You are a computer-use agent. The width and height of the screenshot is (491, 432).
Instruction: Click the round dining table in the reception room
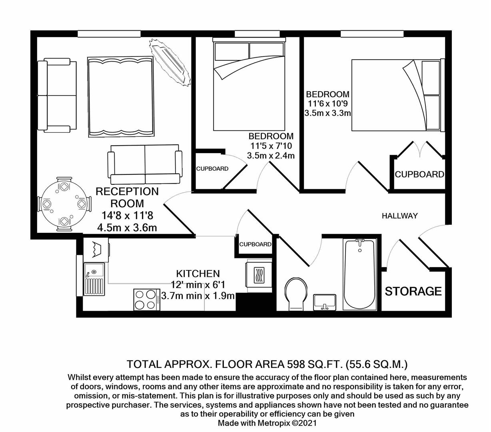64,204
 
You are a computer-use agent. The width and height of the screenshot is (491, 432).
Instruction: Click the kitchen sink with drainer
94,279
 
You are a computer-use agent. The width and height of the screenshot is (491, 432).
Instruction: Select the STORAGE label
413,291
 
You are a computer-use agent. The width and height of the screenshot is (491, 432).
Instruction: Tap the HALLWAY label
399,216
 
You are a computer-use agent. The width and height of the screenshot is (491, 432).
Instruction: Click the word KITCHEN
198,274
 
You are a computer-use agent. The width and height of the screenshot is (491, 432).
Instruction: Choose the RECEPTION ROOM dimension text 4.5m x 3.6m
127,228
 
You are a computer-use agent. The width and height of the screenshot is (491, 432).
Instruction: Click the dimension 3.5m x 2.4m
271,156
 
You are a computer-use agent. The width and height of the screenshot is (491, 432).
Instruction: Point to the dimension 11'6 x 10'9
327,104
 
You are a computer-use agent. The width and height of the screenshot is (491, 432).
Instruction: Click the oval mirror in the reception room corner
169,62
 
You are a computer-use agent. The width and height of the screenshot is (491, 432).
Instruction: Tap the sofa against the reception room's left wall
57,95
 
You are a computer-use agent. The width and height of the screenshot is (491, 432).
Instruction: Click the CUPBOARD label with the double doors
419,174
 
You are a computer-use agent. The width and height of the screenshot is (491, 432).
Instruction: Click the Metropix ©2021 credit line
267,423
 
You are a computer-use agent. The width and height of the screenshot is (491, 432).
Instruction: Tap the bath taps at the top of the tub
359,243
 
